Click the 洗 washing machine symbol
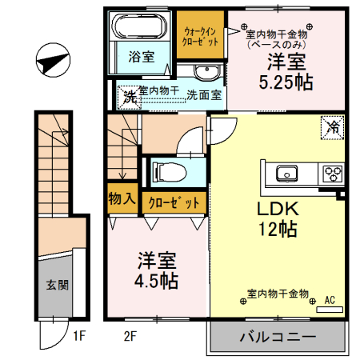coord(128,96)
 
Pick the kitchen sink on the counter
coord(286,173)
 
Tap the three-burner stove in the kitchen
coord(331,173)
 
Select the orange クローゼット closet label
coord(173,202)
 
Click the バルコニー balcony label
coord(278,336)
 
